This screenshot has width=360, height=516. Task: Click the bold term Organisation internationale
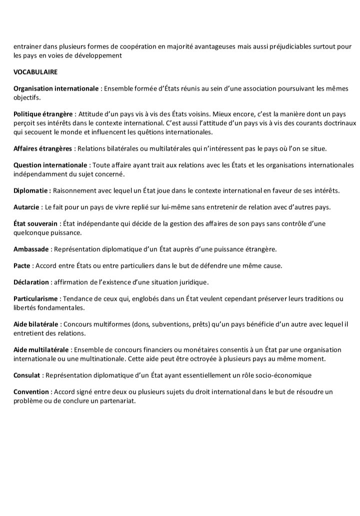tap(56, 89)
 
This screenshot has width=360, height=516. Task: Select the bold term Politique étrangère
tap(43, 115)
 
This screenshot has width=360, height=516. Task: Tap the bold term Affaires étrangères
tap(43, 148)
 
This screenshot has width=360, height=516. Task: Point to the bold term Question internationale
tap(50, 165)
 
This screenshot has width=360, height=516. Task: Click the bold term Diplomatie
tap(31, 191)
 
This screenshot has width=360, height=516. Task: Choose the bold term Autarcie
tap(26, 207)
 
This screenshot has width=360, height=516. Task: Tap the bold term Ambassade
tap(31, 249)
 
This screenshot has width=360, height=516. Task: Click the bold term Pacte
tap(22, 266)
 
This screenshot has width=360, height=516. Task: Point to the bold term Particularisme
tap(36, 299)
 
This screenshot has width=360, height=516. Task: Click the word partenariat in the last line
tap(117, 400)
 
